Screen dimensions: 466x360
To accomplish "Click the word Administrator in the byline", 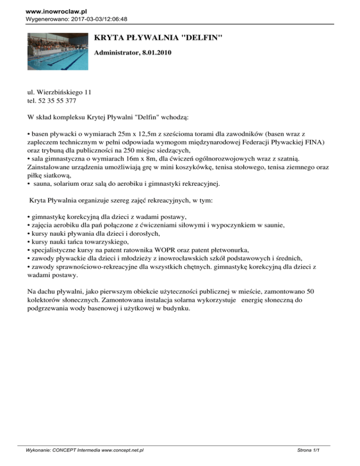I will click(x=116, y=53).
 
